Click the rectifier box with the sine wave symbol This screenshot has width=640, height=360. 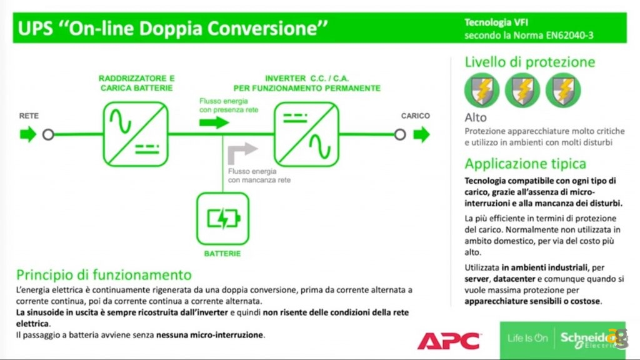135,133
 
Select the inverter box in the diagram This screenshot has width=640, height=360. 306,133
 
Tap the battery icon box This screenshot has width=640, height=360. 222,219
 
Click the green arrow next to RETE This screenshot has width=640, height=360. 28,134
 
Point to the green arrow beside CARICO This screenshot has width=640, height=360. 422,134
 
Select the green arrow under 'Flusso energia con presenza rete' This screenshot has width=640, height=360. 214,122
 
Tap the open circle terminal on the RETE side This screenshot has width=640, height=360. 48,134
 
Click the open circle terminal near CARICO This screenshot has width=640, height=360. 400,134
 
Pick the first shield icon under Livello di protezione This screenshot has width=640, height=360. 481,90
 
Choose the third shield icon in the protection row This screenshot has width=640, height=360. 563,90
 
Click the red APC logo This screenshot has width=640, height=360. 449,341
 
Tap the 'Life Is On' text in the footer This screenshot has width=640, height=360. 527,338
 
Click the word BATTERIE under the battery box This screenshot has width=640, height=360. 222,254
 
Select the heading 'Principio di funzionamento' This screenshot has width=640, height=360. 104,274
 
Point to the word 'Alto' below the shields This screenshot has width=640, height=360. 476,117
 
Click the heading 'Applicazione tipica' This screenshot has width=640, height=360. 526,164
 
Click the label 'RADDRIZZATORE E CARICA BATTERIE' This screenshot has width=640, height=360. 137,83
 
